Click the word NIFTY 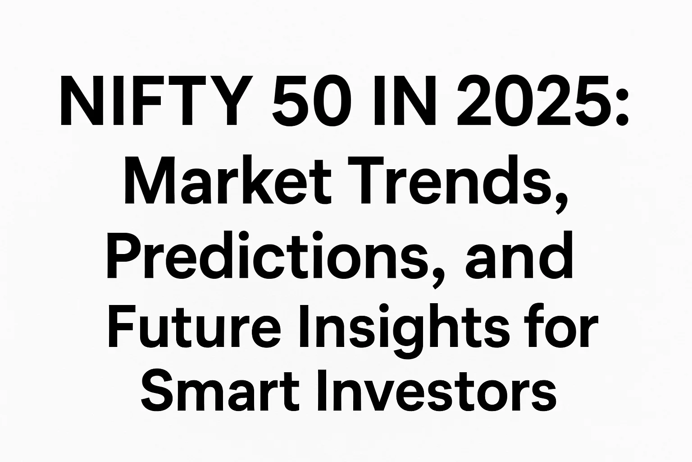point(157,101)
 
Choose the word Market point(228,180)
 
